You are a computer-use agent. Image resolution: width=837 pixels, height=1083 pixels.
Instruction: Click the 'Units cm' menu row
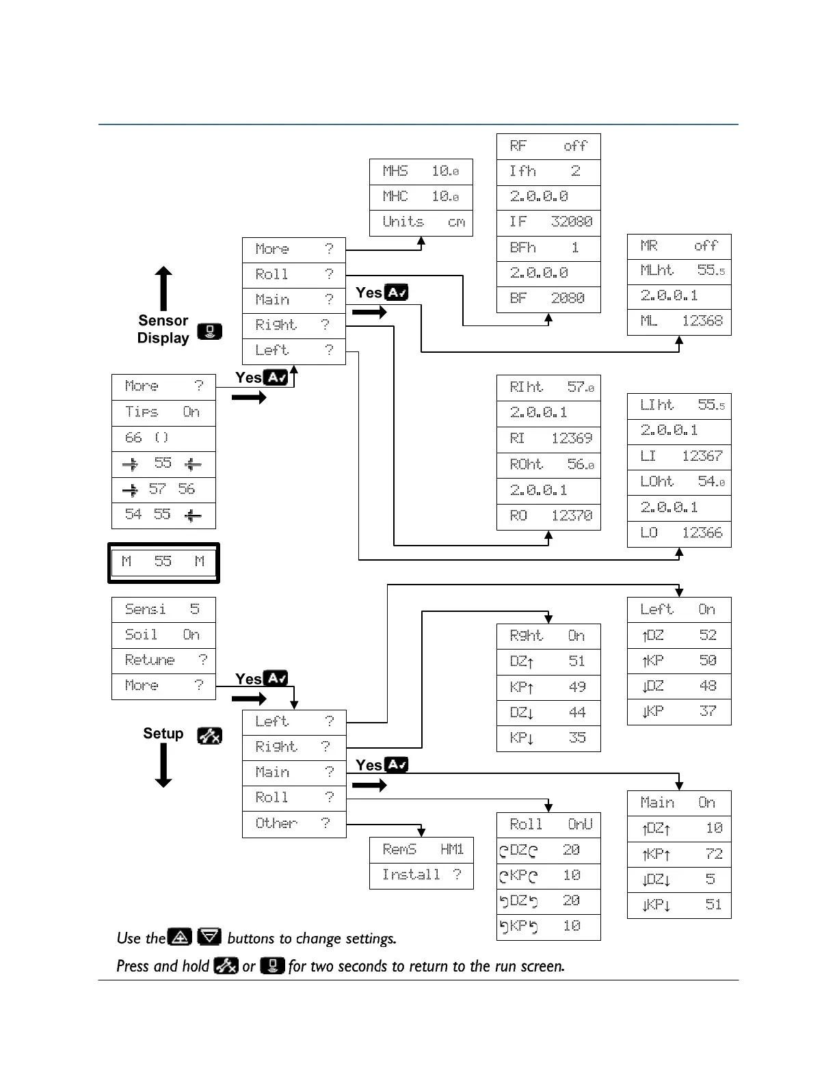(421, 223)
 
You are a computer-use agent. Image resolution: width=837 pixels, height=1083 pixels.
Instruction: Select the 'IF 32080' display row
(548, 222)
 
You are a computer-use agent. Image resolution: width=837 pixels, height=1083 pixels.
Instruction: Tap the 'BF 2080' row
(548, 299)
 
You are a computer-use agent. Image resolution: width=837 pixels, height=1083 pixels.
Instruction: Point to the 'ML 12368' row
(679, 321)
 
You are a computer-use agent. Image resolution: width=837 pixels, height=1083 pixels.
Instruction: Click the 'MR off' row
(679, 246)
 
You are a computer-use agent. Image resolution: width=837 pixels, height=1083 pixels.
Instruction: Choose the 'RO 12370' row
(548, 516)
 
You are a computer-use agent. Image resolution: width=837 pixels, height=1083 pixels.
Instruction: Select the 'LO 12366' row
(679, 533)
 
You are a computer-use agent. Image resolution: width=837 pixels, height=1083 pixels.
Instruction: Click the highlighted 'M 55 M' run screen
(163, 563)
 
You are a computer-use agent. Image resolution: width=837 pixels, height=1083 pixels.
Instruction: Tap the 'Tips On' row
(163, 412)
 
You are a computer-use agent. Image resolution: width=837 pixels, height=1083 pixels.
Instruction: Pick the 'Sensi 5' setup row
(163, 610)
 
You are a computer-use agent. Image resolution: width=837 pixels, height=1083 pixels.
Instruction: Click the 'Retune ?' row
(163, 660)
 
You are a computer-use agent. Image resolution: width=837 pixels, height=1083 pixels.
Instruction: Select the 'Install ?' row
(421, 875)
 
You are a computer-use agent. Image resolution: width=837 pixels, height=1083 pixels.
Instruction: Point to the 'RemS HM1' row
(421, 850)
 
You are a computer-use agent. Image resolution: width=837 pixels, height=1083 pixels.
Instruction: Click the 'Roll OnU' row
(548, 825)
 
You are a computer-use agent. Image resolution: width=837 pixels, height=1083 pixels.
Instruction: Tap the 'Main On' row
(679, 803)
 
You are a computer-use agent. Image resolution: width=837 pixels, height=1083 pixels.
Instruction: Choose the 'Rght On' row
(548, 636)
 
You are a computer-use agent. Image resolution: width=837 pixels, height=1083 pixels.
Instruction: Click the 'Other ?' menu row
(294, 824)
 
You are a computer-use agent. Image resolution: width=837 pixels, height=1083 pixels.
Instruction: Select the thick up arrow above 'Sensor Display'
(163, 289)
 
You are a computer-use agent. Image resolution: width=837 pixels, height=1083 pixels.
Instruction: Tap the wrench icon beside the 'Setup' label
(209, 736)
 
